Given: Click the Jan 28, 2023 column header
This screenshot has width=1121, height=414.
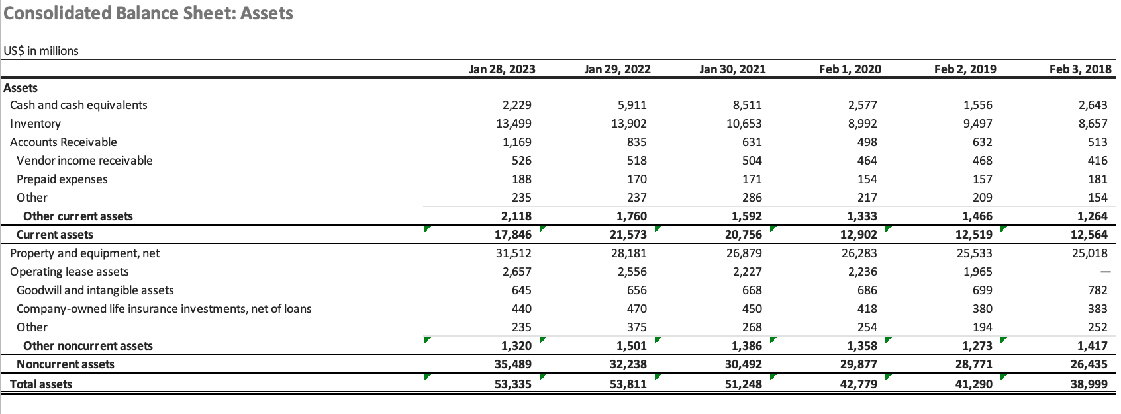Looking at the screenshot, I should [502, 69].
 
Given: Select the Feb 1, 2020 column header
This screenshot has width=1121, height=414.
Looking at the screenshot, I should [850, 69].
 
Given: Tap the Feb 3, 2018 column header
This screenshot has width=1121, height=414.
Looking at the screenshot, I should [1080, 69].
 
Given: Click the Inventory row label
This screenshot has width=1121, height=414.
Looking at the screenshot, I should [35, 124].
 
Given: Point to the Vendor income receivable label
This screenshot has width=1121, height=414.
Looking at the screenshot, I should [84, 161].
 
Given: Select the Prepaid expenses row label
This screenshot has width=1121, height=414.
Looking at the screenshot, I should [62, 179].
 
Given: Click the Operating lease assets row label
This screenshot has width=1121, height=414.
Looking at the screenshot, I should [69, 272].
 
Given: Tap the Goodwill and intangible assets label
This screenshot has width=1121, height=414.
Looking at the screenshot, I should [95, 290].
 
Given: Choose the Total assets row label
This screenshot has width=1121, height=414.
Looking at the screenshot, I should [40, 384].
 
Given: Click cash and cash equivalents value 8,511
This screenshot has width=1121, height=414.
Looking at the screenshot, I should [748, 105].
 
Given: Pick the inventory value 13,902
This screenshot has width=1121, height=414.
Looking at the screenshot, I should [629, 124].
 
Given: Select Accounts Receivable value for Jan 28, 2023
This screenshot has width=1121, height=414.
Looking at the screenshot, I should [517, 142].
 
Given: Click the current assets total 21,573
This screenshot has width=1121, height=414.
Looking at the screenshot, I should [628, 235].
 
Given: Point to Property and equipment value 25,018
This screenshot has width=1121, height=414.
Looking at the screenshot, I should [1089, 253].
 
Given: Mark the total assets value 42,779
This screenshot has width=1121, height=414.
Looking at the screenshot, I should [858, 384].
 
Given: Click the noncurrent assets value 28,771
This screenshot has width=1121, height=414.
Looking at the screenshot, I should [973, 364].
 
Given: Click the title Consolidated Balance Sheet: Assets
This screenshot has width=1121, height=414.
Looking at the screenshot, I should [148, 13].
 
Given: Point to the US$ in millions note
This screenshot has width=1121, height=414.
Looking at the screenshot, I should [41, 51].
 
